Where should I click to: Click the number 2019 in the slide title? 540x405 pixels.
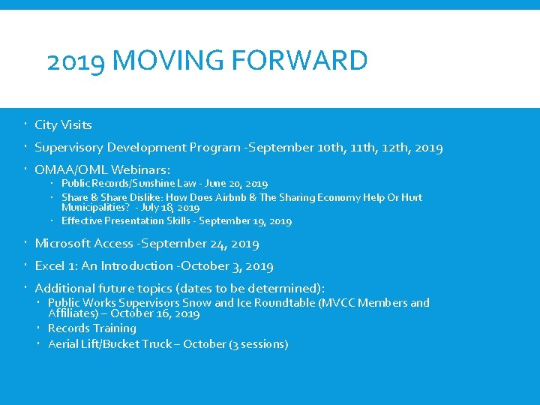(75, 61)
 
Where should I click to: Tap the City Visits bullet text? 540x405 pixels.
(63, 125)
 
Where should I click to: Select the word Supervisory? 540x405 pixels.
(70, 148)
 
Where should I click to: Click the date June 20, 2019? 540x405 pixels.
(236, 184)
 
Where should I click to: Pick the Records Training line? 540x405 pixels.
(91, 328)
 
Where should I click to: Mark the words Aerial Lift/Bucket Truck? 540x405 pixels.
(109, 344)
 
